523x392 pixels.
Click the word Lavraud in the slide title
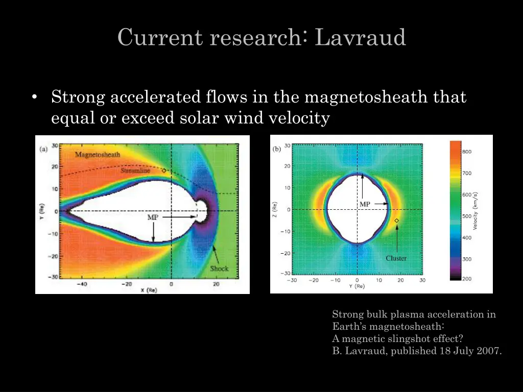pos(361,38)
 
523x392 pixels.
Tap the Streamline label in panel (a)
pos(135,171)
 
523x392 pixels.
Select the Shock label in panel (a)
pos(219,268)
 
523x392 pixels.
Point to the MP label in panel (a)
pos(153,217)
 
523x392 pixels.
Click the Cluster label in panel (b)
pos(396,258)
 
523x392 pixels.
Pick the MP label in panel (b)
pos(365,204)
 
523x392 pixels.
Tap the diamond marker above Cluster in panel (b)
pos(396,220)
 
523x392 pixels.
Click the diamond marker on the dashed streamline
pos(163,171)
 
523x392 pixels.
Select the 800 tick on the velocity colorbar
pos(467,152)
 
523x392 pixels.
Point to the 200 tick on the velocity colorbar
pos(467,279)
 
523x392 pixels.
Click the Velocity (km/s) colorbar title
pos(476,211)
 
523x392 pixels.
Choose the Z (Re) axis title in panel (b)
pos(274,209)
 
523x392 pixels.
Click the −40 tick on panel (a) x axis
pos(82,284)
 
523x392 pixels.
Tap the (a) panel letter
pos(44,150)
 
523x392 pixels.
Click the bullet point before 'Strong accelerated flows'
pos(34,97)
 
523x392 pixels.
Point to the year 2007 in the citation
pos(489,351)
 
